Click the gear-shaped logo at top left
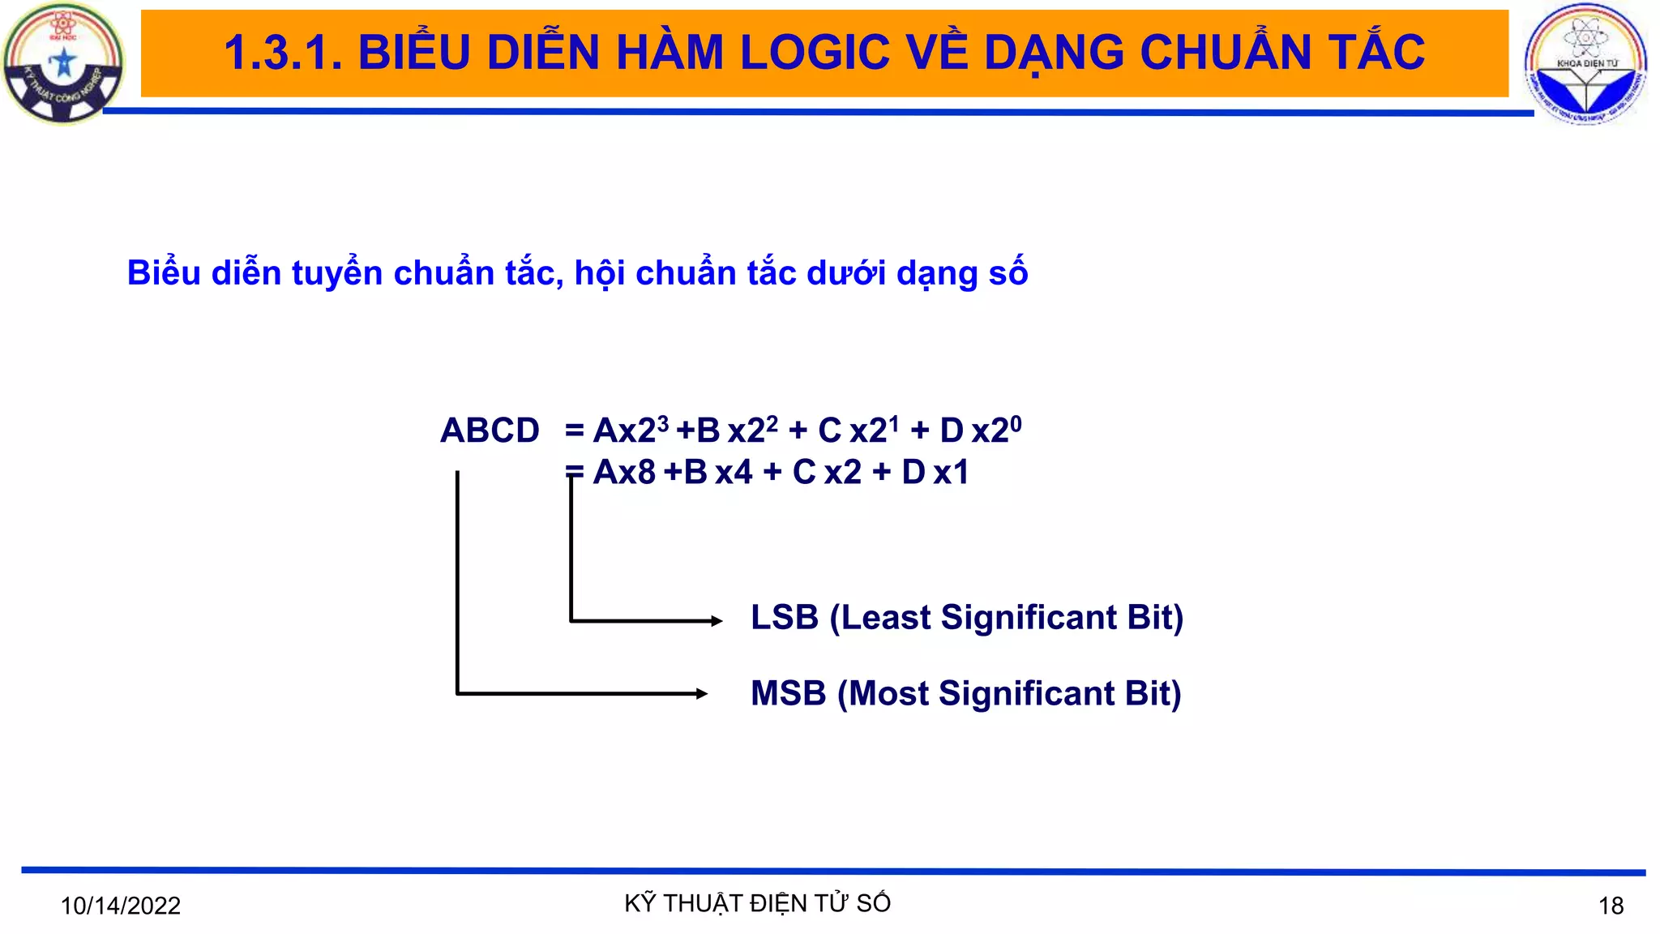click(x=63, y=63)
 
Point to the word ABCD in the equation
click(x=490, y=431)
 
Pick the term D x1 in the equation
click(x=935, y=472)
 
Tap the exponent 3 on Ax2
click(x=663, y=423)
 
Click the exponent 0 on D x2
click(x=1016, y=423)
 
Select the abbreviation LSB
click(x=785, y=618)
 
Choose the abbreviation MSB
click(x=788, y=694)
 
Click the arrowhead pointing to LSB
click(x=717, y=621)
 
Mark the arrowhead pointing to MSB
click(x=702, y=693)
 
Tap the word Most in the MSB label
click(x=889, y=694)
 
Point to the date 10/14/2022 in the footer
click(x=121, y=906)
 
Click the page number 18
click(x=1611, y=906)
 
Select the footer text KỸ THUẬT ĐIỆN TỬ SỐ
click(x=757, y=903)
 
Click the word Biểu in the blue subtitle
click(x=164, y=273)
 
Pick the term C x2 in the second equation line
click(x=827, y=472)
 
